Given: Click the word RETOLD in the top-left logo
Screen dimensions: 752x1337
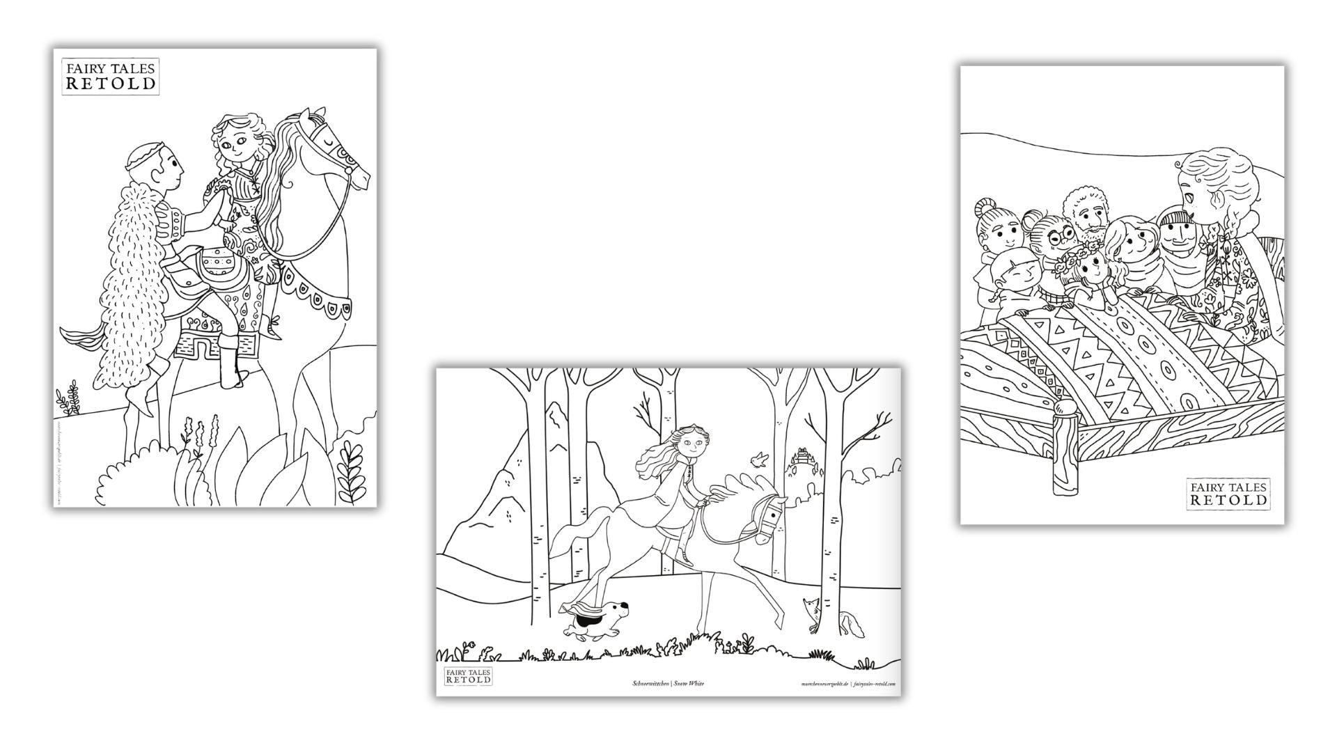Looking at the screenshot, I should pos(111,84).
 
